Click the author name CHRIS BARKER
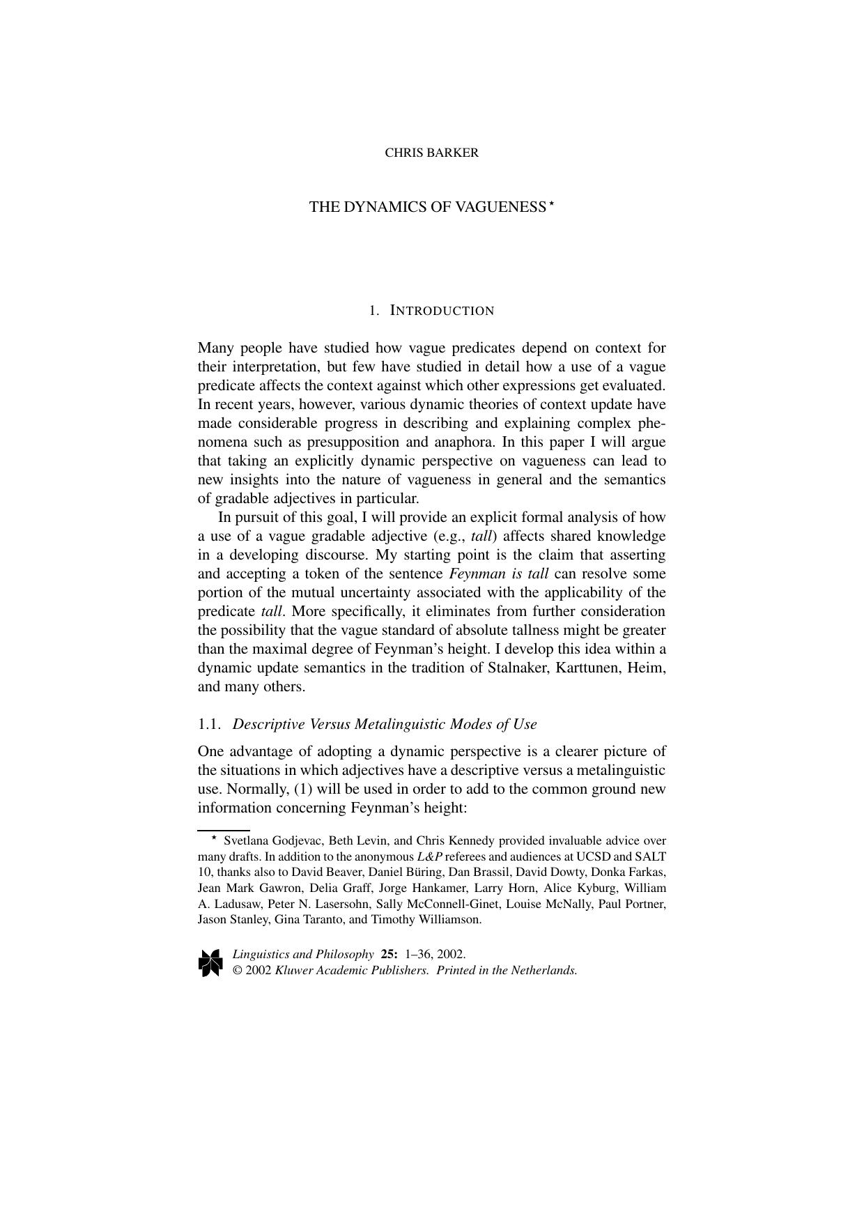[x=431, y=153]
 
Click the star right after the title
[x=550, y=204]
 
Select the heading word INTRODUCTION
[x=442, y=311]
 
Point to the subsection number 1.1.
[x=210, y=724]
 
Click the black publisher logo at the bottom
[x=210, y=962]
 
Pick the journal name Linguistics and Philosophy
[x=303, y=954]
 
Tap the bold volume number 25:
[x=389, y=954]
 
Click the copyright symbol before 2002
[x=237, y=970]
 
